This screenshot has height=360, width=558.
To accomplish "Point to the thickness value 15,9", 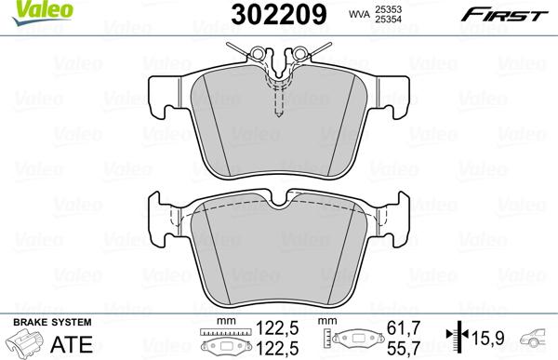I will [490, 338].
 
